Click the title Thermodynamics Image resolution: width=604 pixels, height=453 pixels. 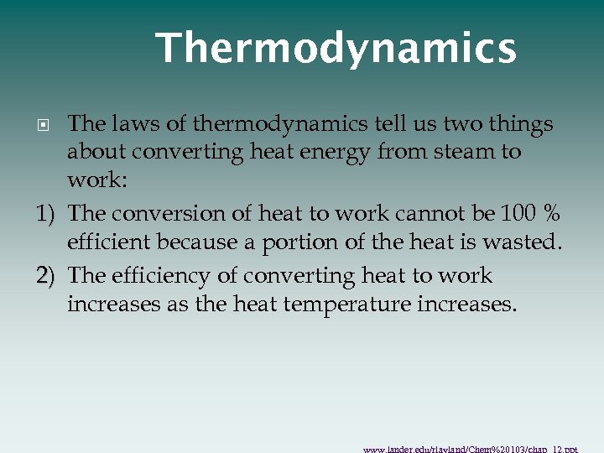[336, 49]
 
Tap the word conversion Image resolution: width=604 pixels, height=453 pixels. [157, 214]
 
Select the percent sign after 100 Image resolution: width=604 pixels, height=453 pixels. [552, 214]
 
